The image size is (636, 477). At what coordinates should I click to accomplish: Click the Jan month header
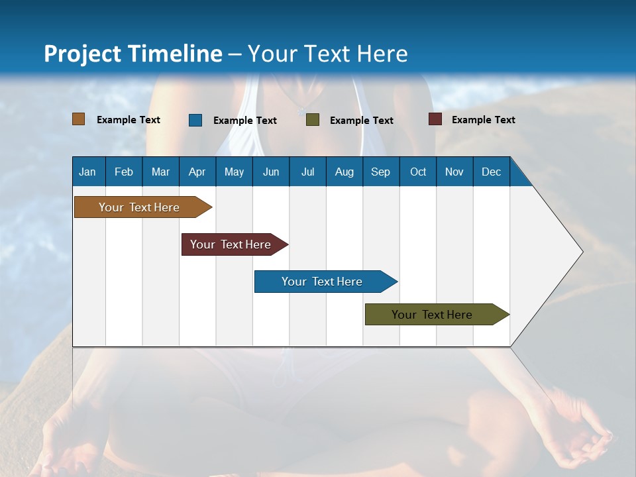[87, 172]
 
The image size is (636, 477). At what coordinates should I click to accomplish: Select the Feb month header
[124, 172]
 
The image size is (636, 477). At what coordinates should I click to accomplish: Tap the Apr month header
[197, 172]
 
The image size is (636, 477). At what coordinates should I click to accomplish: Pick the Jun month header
[271, 172]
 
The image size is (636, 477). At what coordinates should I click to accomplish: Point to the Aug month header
[344, 172]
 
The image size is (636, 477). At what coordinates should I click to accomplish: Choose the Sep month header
[380, 172]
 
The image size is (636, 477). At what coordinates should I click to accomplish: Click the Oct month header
[418, 172]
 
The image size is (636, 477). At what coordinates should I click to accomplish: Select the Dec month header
[491, 172]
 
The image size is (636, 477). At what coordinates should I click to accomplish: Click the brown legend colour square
[78, 119]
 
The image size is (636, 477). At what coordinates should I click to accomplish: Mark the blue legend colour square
[195, 120]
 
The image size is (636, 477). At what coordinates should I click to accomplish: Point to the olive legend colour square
[313, 120]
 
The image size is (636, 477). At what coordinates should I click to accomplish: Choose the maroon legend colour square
[435, 119]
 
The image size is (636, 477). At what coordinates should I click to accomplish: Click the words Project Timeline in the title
[132, 54]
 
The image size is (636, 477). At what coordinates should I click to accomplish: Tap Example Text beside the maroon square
[483, 120]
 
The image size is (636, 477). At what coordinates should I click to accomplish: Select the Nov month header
[454, 172]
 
